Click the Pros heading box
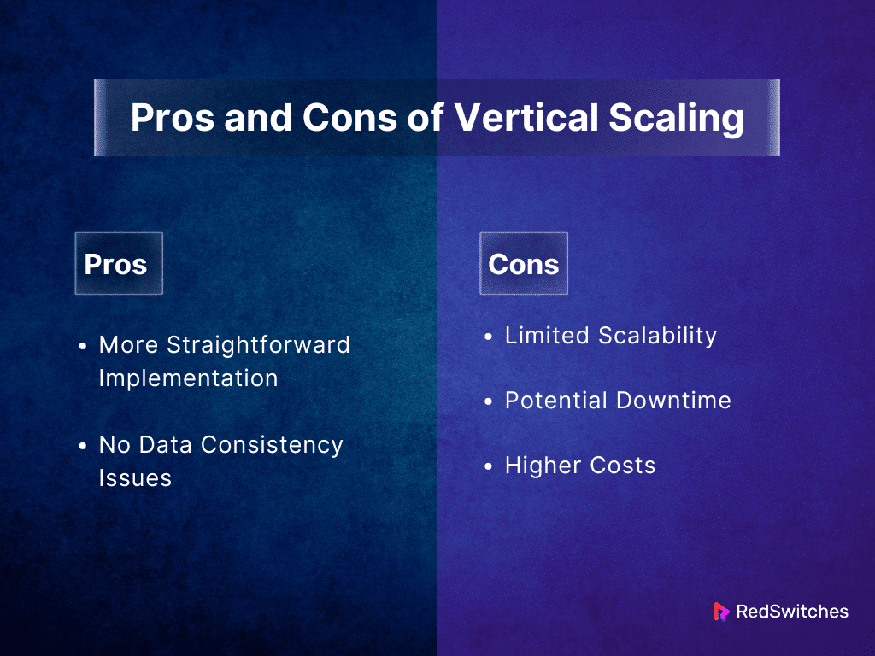click(x=118, y=264)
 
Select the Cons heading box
click(x=523, y=264)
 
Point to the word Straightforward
click(x=258, y=345)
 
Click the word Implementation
click(x=188, y=378)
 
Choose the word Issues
click(x=135, y=478)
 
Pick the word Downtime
click(x=676, y=401)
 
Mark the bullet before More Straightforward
click(x=83, y=347)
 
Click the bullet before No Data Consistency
click(x=83, y=446)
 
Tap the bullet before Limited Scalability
click(x=489, y=337)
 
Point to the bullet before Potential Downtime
click(x=489, y=402)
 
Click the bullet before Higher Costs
click(x=489, y=467)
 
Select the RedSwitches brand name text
click(x=791, y=612)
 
